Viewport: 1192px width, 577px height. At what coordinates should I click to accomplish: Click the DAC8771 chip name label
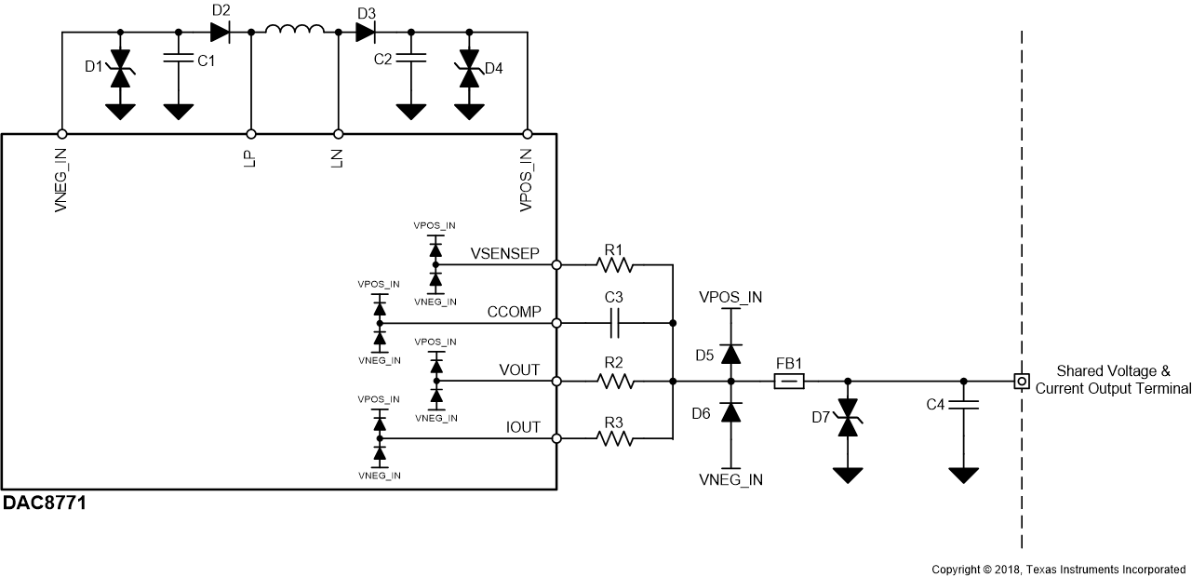point(45,503)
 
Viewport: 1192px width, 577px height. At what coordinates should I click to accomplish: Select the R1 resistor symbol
point(614,265)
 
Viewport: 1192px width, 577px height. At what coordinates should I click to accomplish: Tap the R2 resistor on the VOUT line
point(614,381)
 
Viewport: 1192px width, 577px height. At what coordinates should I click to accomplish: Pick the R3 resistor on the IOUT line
point(614,438)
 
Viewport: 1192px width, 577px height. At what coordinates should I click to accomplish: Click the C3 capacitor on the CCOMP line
point(614,323)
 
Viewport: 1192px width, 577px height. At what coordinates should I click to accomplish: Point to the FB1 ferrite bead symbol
point(789,381)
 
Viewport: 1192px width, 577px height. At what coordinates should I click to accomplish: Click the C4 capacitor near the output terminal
point(963,406)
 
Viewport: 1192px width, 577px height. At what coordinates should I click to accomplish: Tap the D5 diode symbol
point(730,354)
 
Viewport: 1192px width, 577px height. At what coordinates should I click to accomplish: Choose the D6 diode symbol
point(730,411)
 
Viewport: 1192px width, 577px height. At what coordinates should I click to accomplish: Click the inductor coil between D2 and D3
point(295,32)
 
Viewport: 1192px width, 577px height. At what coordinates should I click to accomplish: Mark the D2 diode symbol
point(221,32)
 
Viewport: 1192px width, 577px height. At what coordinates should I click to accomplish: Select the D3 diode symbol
point(366,32)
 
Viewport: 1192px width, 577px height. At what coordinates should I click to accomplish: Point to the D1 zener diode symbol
point(119,71)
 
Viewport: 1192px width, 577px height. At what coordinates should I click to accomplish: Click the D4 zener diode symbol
point(469,71)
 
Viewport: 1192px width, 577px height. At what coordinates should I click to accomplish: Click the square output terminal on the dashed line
point(1021,381)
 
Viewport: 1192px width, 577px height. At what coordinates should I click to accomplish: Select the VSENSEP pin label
point(505,254)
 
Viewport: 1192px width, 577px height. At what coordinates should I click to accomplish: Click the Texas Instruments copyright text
point(1059,569)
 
